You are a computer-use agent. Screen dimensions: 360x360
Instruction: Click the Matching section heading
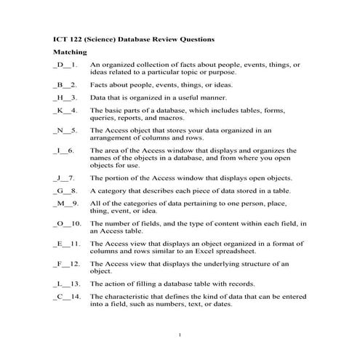coord(70,53)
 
